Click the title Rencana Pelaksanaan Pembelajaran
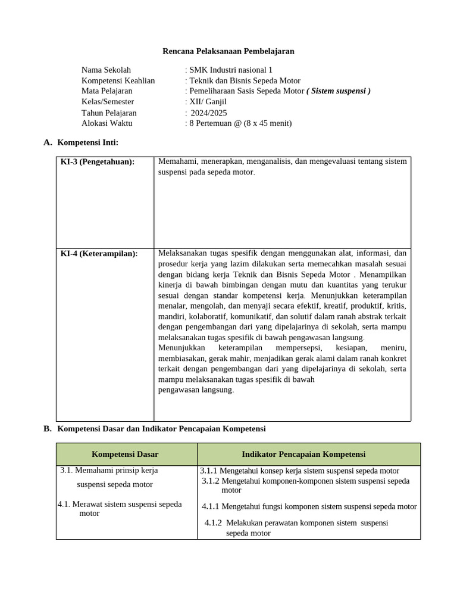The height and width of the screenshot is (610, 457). pos(228,51)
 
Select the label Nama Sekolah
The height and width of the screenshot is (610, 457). pos(106,70)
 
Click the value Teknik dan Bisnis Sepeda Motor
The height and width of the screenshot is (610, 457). pos(245,80)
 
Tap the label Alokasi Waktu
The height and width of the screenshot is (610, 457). pos(107,123)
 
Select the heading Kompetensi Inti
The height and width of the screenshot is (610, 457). pos(87,142)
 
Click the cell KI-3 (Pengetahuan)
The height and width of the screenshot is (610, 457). pos(98,162)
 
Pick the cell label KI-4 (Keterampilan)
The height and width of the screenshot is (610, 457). pos(99,254)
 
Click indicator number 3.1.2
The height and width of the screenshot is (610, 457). pos(211,481)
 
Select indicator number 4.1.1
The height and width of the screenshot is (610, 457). pos(211,506)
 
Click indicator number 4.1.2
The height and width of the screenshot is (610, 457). pos(213,522)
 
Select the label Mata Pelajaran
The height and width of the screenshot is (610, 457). pos(107,91)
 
